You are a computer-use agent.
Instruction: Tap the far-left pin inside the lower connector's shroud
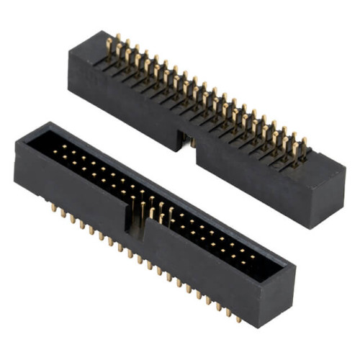58,148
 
